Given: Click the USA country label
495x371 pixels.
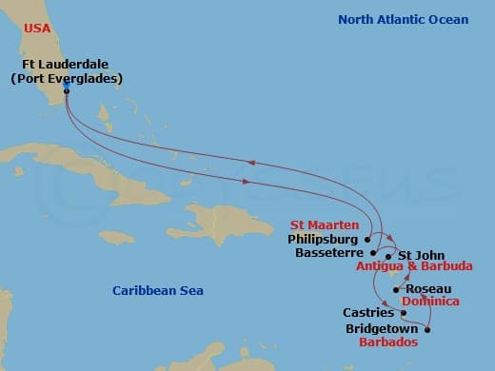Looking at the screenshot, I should pos(36,29).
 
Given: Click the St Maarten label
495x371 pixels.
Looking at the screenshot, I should pos(324,225).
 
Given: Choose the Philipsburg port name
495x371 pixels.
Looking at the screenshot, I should pos(323,240).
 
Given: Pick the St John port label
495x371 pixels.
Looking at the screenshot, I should pos(418,254).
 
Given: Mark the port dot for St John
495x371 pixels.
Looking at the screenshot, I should pos(388,256).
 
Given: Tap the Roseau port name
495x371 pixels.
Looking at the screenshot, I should pos(428,289).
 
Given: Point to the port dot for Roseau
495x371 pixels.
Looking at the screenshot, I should pos(396,289).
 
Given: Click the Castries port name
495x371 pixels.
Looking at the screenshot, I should pos(368,313).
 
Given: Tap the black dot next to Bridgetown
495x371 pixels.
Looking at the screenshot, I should pos(427,330).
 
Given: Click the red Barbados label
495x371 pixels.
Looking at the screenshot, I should pos(387,342).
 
